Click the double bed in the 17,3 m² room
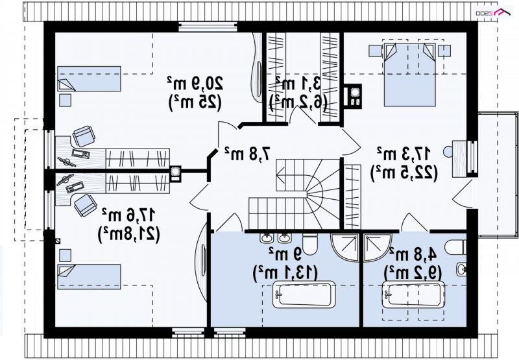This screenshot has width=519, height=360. (409, 75)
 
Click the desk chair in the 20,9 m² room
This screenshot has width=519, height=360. (84, 136)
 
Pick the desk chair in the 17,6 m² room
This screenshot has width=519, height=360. (84, 206)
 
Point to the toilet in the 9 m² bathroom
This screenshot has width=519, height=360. (309, 245)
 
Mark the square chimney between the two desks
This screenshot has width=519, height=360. (176, 172)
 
